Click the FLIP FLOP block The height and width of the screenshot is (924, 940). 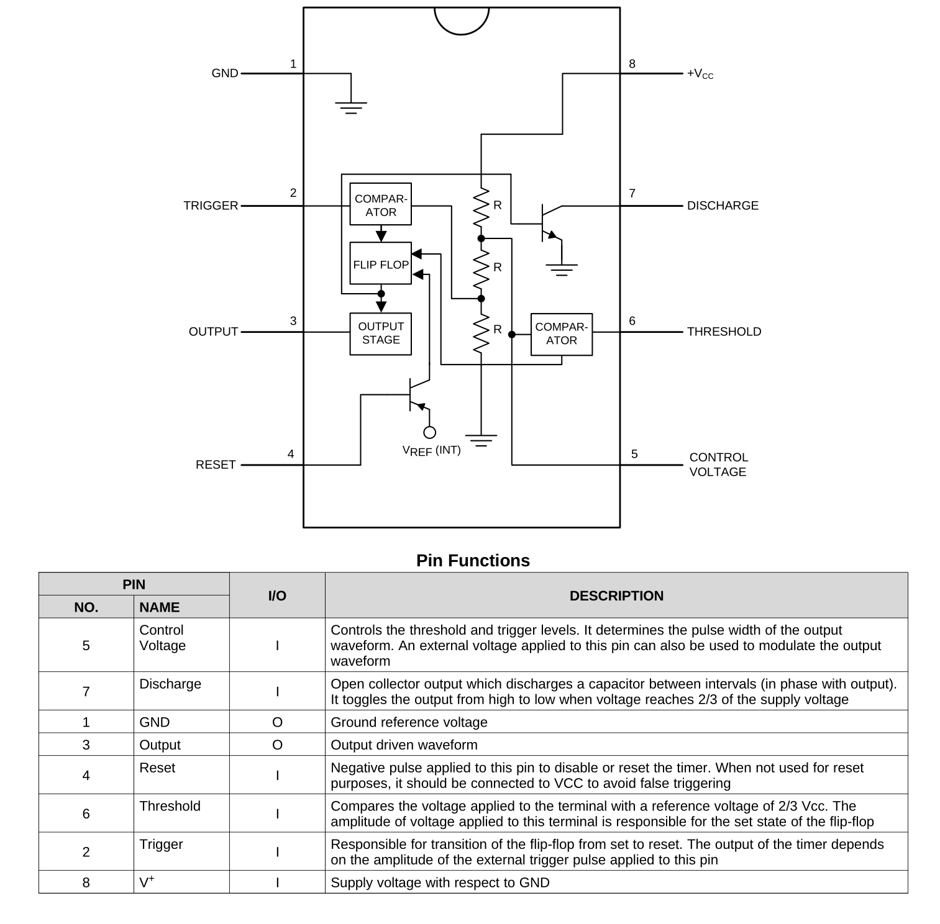[x=380, y=264]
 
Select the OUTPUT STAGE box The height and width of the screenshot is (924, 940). [x=380, y=333]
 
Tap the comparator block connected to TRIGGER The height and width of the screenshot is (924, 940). [x=380, y=204]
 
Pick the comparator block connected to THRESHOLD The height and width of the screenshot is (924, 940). [x=561, y=334]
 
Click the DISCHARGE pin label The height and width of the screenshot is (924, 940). [x=722, y=206]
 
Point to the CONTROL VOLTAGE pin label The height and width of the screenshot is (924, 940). [x=718, y=464]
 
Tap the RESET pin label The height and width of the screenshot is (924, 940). [x=216, y=464]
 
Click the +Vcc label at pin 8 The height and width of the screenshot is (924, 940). [x=700, y=73]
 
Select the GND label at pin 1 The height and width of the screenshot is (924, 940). [x=225, y=73]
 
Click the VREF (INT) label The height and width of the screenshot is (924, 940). [x=431, y=450]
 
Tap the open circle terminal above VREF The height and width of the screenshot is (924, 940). [x=429, y=432]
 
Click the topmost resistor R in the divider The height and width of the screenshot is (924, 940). [x=481, y=208]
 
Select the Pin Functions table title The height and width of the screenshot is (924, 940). [x=473, y=561]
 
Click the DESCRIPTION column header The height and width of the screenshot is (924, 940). [x=616, y=596]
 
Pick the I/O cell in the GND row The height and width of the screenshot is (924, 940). [x=277, y=722]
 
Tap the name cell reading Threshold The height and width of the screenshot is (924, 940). [x=170, y=806]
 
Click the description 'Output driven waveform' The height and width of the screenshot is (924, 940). [x=404, y=745]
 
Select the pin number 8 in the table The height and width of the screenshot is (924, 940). [x=86, y=882]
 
